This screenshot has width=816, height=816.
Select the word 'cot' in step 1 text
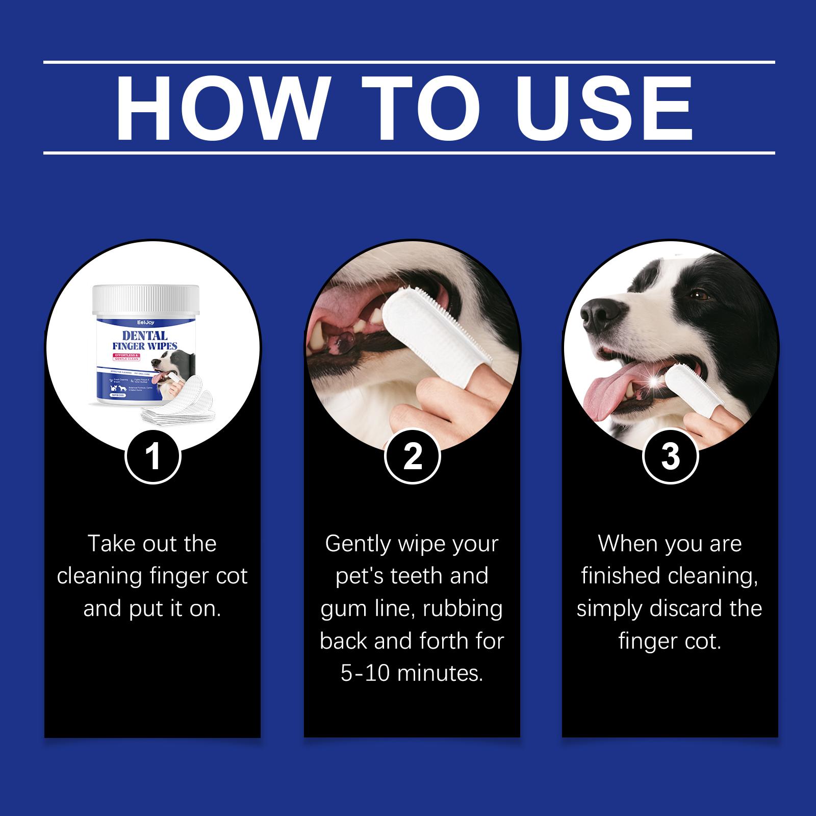(x=232, y=576)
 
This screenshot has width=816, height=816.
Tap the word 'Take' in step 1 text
(x=110, y=544)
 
